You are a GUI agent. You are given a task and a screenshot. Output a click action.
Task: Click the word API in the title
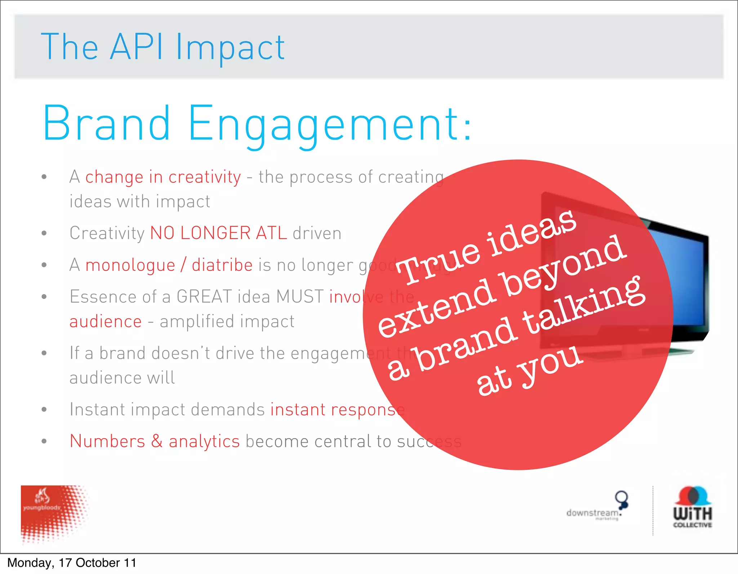tap(136, 47)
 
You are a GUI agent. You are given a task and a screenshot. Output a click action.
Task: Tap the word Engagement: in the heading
tap(329, 124)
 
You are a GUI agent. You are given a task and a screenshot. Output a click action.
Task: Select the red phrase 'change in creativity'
tap(163, 177)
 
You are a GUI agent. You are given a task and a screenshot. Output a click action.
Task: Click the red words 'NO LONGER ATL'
tap(218, 233)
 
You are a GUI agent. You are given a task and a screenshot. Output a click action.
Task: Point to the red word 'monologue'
tap(130, 265)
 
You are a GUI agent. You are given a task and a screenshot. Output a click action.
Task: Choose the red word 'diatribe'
tap(222, 265)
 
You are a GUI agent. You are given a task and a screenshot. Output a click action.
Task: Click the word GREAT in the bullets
tap(204, 297)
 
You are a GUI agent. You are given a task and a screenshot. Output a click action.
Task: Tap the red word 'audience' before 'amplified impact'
tap(106, 321)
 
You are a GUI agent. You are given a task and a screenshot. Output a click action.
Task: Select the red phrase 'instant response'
tap(337, 410)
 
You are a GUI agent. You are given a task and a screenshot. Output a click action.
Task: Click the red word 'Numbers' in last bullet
tap(107, 441)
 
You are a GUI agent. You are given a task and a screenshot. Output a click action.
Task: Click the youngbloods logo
tap(54, 513)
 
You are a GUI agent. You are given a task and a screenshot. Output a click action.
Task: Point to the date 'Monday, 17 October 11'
tap(72, 563)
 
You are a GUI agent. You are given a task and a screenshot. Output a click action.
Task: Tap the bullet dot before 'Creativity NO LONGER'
tap(44, 233)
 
